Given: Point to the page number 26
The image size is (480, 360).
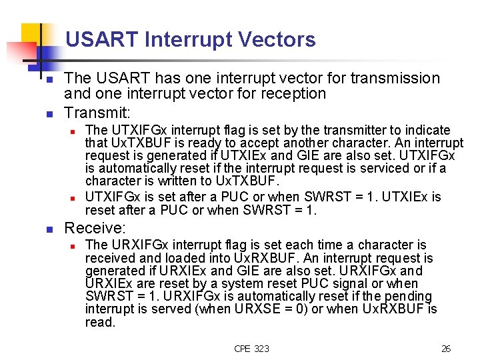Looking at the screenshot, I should pos(446,349).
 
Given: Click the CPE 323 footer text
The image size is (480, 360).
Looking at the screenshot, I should pos(252,349).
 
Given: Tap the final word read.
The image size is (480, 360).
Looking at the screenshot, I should pos(100,323).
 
